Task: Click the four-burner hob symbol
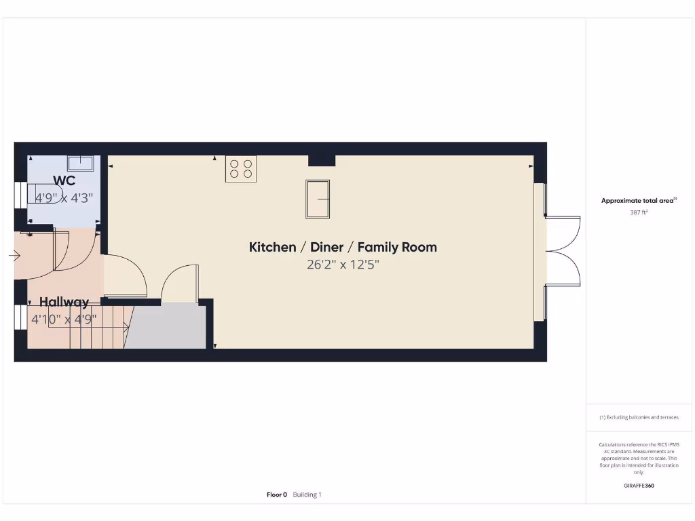[241, 169]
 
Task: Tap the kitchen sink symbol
[318, 199]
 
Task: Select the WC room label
[64, 180]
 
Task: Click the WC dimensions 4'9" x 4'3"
[64, 198]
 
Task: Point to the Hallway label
[64, 302]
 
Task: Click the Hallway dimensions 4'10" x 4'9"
[64, 318]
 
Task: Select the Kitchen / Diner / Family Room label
[343, 247]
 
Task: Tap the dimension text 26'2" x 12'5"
[343, 265]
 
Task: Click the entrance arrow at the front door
[14, 256]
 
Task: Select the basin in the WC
[80, 163]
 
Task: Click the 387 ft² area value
[639, 212]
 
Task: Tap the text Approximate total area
[638, 200]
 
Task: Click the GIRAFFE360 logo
[639, 486]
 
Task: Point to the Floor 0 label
[277, 495]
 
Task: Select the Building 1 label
[307, 495]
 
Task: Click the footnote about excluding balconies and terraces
[639, 417]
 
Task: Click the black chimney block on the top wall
[322, 160]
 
